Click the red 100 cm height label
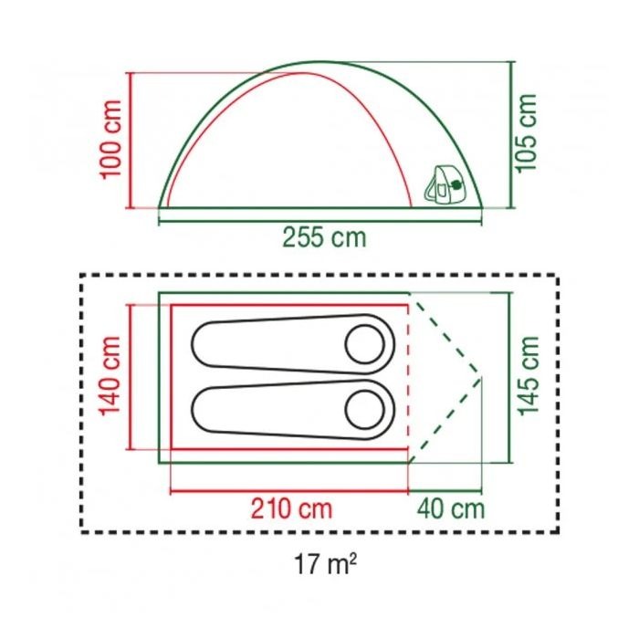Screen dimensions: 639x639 (x=110, y=140)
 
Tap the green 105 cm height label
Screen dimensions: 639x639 (x=525, y=133)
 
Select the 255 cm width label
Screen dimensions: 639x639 (x=324, y=237)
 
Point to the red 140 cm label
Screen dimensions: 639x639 (x=110, y=376)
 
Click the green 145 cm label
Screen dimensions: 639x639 (x=529, y=376)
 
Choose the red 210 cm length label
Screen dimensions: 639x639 (x=291, y=509)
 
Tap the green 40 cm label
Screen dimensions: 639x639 (x=451, y=509)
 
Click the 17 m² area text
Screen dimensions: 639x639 (x=325, y=564)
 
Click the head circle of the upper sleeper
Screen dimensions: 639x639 (x=365, y=344)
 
